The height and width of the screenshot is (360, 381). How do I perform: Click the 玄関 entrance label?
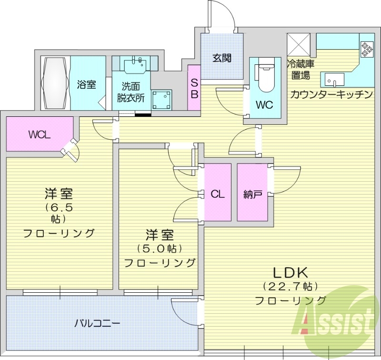coord(221,59)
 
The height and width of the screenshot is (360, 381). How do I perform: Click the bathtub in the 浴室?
coord(56,83)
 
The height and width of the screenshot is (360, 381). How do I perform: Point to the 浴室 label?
coord(86,85)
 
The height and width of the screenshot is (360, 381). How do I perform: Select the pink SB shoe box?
coord(194,88)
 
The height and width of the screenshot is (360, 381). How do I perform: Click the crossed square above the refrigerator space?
coord(299,45)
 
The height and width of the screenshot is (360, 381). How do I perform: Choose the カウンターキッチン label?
coord(331,94)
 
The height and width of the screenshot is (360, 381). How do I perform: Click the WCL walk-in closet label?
coord(39,134)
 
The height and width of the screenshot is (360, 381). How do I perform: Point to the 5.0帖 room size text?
coord(160,248)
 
